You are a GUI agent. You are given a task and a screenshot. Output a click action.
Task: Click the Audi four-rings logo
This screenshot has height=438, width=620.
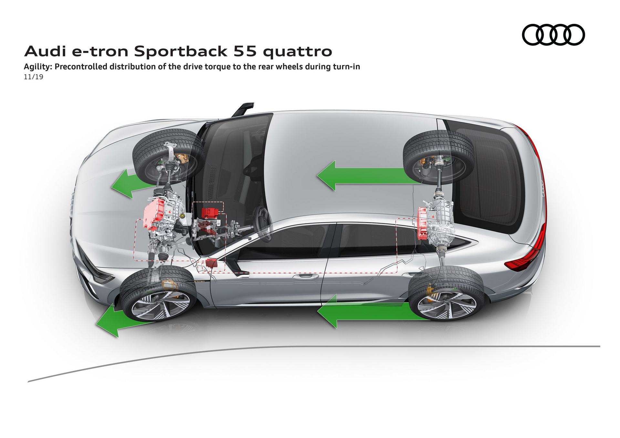[553, 35]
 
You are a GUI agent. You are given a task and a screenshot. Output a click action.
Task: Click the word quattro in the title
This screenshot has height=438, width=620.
[297, 52]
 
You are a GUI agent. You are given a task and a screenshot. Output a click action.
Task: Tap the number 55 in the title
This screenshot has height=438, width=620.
[245, 51]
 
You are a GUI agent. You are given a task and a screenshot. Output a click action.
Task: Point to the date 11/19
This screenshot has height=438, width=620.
[33, 77]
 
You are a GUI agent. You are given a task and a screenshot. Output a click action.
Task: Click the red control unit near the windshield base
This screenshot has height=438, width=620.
[210, 213]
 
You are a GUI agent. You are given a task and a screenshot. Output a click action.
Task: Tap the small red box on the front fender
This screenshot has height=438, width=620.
[212, 263]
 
